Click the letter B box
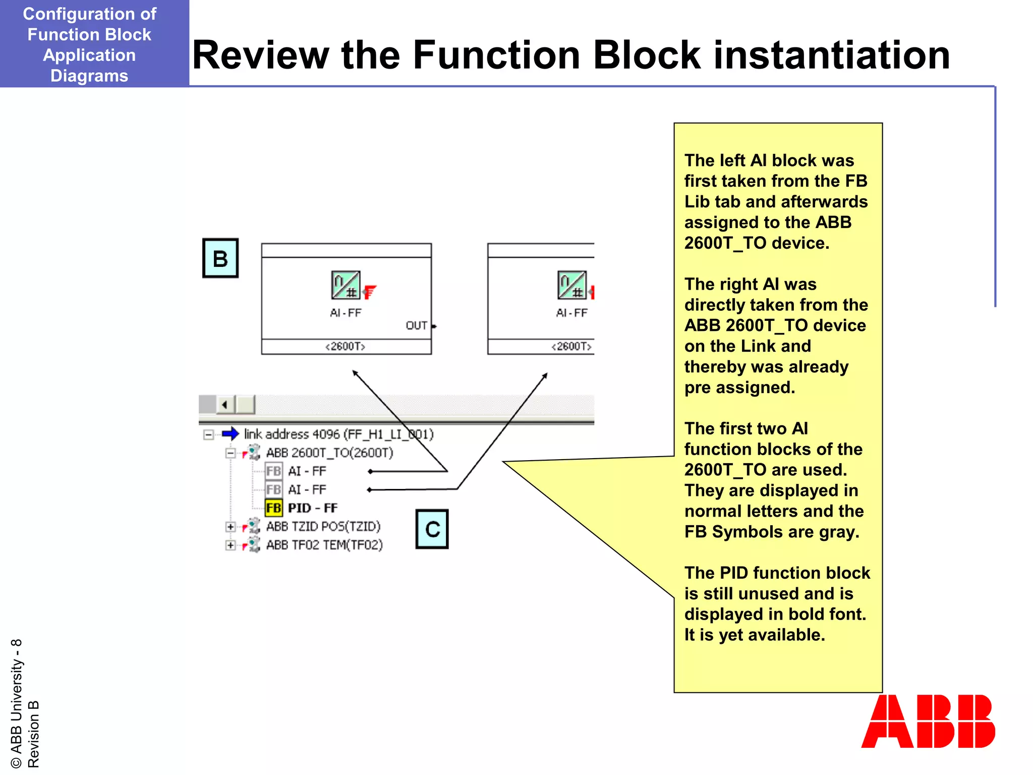point(220,258)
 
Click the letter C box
point(432,529)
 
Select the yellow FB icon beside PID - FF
point(273,508)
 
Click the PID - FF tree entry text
point(313,508)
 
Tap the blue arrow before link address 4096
point(230,434)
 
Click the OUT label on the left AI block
point(417,326)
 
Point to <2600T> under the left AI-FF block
point(346,347)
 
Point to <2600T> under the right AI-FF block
point(571,347)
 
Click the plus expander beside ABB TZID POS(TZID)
point(231,527)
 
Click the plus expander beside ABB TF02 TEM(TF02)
point(231,545)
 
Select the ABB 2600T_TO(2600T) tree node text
point(329,453)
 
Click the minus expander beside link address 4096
point(208,434)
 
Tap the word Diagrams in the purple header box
point(89,76)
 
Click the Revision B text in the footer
point(33,734)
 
